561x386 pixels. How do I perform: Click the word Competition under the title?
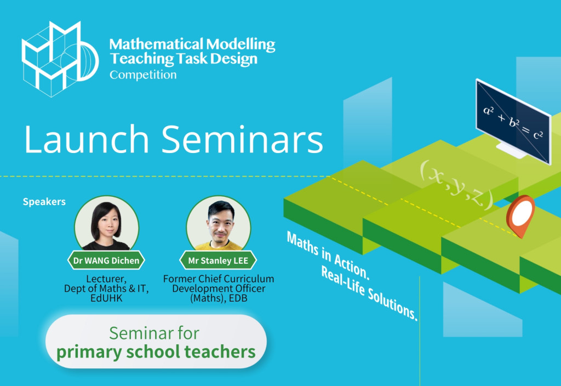point(143,75)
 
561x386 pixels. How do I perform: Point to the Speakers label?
point(44,202)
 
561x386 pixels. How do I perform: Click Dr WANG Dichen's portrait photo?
point(106,223)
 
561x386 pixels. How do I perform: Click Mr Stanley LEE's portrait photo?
point(218,223)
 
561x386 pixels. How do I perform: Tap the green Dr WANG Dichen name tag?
point(106,260)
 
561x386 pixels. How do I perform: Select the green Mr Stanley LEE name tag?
point(218,260)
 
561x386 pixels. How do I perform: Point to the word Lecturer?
point(106,279)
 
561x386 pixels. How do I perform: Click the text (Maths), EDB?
point(218,299)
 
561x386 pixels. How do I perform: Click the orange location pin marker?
point(520,215)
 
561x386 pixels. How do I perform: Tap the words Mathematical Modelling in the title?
point(192,44)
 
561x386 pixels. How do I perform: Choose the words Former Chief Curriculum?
point(218,279)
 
